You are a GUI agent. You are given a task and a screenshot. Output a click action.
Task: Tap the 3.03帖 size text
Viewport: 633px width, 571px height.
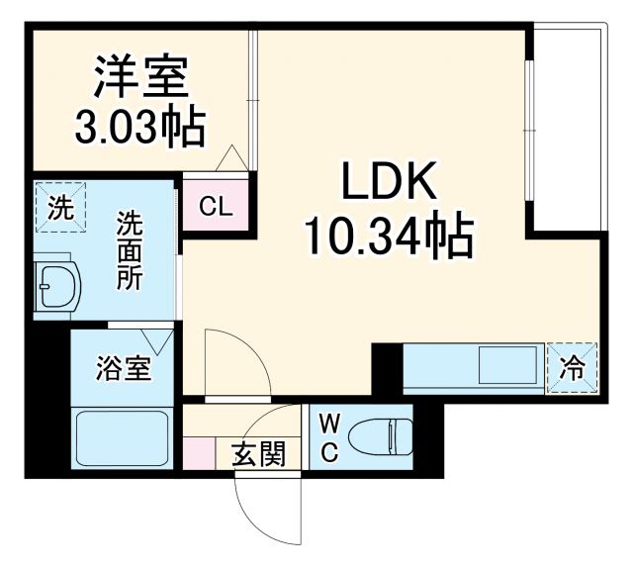click(x=140, y=128)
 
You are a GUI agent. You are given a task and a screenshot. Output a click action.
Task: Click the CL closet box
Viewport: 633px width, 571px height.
click(x=215, y=208)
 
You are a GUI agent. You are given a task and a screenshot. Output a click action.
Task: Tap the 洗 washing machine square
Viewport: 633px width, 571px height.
click(x=61, y=209)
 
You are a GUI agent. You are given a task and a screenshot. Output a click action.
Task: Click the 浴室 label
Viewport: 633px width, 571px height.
click(x=124, y=370)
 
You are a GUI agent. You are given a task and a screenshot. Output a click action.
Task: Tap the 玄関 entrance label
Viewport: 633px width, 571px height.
click(x=259, y=454)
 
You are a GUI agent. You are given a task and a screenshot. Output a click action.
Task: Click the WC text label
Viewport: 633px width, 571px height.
click(x=330, y=436)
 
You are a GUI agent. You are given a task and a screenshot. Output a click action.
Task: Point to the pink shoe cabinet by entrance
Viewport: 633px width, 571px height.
click(x=199, y=452)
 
